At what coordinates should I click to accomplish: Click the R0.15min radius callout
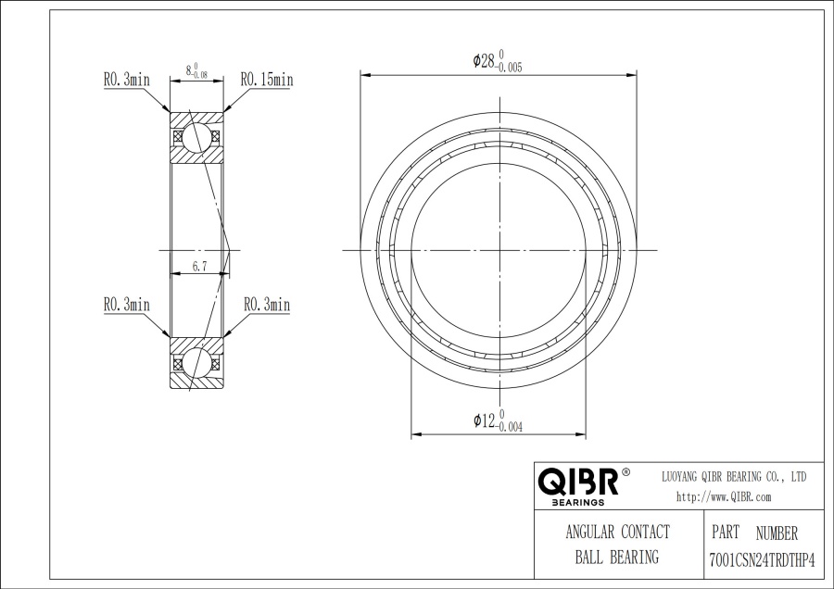coord(267,80)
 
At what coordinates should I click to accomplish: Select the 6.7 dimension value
coord(199,267)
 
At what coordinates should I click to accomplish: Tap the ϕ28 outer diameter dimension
coord(498,61)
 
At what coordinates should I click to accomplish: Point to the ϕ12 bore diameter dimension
coord(498,421)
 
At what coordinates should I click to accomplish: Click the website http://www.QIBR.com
coord(724,497)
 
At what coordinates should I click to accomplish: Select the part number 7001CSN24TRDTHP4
coord(763,560)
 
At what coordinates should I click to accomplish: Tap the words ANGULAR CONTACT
coord(617,532)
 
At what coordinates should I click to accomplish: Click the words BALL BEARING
coord(617,558)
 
